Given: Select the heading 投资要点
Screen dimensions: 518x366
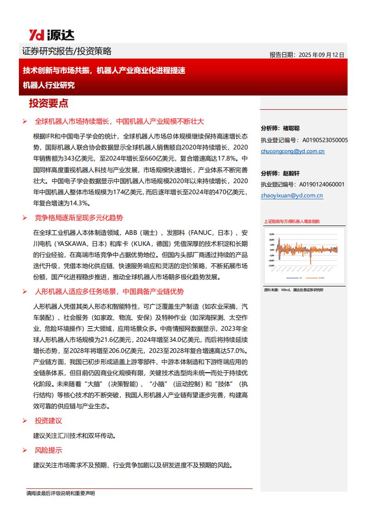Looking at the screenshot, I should point(48,103).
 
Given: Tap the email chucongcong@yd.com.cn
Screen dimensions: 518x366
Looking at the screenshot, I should point(292,151).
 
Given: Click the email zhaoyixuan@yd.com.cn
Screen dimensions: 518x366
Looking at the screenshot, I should point(292,196).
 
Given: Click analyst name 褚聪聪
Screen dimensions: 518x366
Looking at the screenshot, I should point(290,128).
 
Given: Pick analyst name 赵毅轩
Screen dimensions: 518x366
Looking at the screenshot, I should point(290,173).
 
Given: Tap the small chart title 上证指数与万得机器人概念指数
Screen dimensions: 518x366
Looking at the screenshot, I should point(292,221).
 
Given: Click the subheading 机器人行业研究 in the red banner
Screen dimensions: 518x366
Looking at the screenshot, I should point(49,85).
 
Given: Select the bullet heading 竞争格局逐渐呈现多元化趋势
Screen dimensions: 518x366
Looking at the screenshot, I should point(79,218).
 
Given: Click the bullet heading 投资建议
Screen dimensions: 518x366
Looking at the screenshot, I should point(48,421).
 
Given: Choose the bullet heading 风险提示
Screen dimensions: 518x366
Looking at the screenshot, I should point(48,450).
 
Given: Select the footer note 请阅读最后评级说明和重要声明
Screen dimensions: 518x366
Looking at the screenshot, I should point(60,494).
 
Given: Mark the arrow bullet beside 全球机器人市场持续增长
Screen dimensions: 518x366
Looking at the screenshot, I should point(25,121).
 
